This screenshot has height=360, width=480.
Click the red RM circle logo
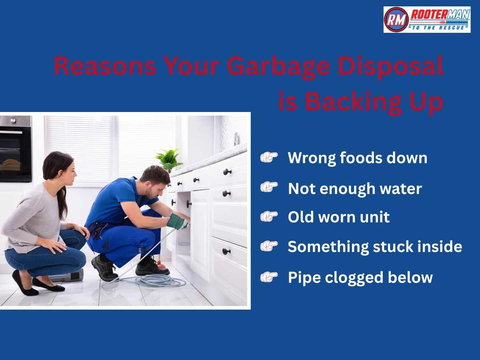click(396, 20)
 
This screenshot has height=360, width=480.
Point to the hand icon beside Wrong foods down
click(269, 158)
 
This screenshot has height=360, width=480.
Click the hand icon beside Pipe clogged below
click(269, 277)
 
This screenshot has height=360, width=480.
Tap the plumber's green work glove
click(177, 221)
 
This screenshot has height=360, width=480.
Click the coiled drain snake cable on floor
click(160, 281)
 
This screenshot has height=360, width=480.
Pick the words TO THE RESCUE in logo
click(439, 27)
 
